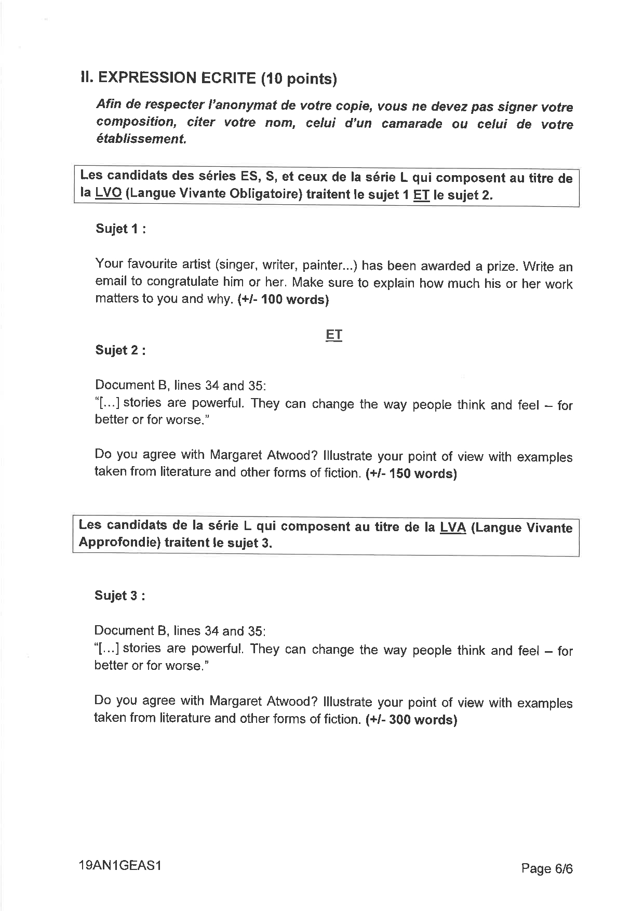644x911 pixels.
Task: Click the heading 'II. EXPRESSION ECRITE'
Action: pos(168,78)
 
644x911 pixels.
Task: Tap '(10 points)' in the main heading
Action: pos(299,79)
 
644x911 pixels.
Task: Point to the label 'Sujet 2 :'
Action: pos(120,350)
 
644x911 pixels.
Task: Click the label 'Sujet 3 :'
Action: pos(119,596)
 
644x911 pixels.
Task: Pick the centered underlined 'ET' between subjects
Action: pos(334,335)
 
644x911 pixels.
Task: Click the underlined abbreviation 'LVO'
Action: pos(108,193)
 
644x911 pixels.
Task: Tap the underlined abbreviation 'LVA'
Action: pos(452,527)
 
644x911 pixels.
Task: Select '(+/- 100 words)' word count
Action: pos(283,300)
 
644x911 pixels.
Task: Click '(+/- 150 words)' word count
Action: pos(411,473)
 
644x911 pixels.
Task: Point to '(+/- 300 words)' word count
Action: pos(411,720)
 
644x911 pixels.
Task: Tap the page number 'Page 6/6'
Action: pos(547,868)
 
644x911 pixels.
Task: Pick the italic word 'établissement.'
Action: pos(141,139)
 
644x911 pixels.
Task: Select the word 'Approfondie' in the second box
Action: pos(119,543)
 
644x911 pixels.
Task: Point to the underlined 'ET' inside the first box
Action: pos(421,195)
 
